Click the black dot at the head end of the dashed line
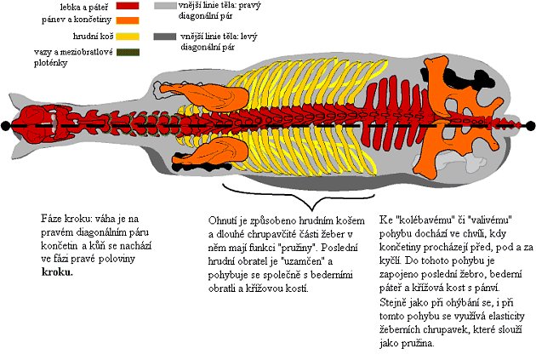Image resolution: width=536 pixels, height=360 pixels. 7,125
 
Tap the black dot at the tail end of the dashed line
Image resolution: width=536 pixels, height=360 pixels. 530,125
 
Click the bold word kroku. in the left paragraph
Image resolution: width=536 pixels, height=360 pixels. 56,272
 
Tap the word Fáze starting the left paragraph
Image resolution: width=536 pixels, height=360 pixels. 52,218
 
